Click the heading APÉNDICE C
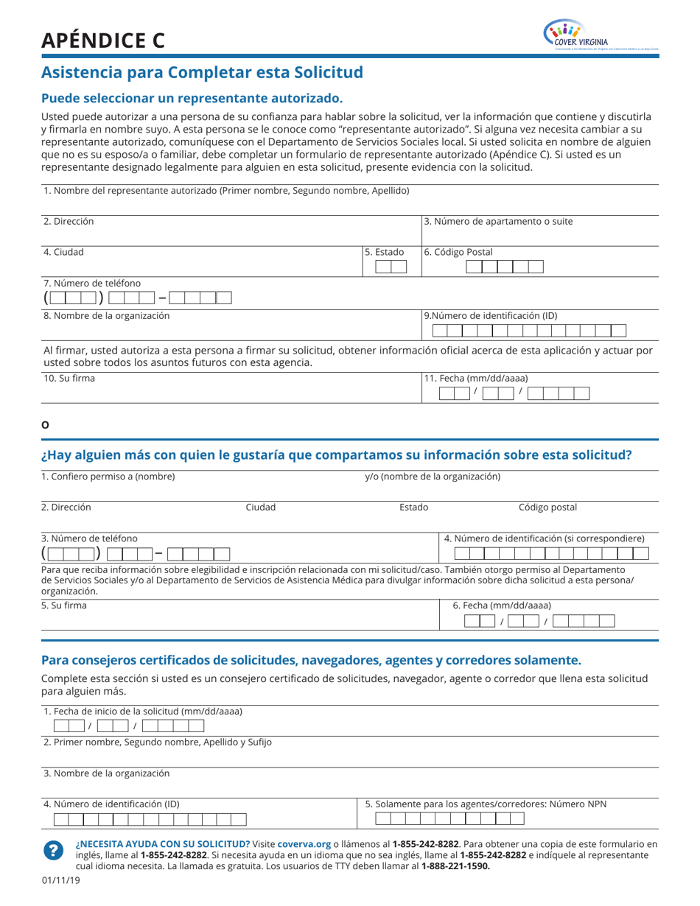click(x=103, y=41)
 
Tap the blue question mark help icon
click(x=54, y=850)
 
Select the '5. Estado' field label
click(x=385, y=252)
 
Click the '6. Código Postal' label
click(x=458, y=252)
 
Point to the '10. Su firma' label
click(x=69, y=379)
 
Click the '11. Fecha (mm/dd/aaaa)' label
click(x=476, y=379)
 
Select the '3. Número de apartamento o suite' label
click(x=498, y=221)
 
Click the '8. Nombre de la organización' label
click(x=106, y=315)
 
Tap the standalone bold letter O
click(x=45, y=425)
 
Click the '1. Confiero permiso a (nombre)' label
click(x=108, y=477)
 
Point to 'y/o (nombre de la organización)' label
click(x=433, y=477)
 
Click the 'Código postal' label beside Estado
click(x=547, y=507)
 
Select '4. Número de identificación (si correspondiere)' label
click(x=545, y=538)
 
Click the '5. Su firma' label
click(x=64, y=605)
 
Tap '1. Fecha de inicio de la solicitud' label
click(x=143, y=711)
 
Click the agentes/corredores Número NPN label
click(x=486, y=804)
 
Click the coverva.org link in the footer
click(x=304, y=844)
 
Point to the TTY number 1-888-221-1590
click(x=455, y=866)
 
